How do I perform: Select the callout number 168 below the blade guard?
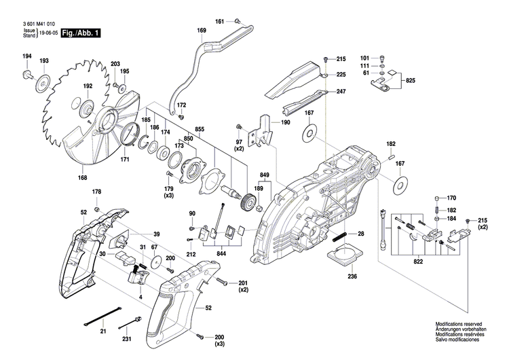(x=82, y=179)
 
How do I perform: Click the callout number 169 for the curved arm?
(x=202, y=31)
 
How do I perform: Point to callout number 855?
(x=200, y=128)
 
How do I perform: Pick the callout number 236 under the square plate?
(x=352, y=277)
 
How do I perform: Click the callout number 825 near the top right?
(x=410, y=81)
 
